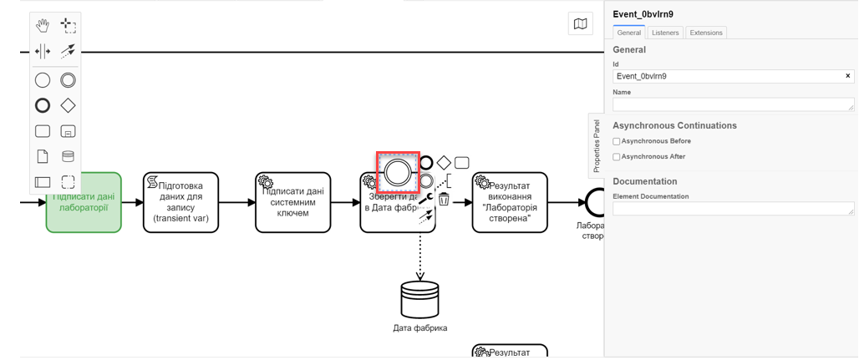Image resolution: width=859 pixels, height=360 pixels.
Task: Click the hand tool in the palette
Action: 43,26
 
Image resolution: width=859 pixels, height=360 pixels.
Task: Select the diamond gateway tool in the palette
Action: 68,106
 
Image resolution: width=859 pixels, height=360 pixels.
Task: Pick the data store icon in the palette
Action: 68,156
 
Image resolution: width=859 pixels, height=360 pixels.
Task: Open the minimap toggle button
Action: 580,24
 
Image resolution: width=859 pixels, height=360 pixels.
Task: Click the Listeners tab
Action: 665,33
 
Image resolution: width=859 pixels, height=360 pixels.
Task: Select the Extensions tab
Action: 706,33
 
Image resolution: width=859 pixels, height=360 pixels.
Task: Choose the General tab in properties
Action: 628,33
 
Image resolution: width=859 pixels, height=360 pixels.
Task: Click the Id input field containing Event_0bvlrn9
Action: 727,76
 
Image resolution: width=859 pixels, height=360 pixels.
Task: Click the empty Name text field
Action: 733,104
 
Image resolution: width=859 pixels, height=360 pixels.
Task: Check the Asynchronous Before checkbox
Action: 617,142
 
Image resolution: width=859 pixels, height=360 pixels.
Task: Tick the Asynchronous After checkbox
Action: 617,157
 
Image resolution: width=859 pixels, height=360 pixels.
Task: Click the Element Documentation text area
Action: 733,209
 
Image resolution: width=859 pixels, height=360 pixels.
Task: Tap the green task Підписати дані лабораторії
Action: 84,203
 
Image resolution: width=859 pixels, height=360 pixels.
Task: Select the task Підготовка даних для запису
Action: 180,203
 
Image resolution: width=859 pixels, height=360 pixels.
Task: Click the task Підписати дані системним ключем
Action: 292,203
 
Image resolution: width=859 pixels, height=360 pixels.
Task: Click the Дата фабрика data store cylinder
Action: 419,299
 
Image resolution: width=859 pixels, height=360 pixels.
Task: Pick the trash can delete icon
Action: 445,199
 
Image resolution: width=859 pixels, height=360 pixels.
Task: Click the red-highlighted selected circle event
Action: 398,173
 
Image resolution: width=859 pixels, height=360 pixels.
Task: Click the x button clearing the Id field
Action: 847,76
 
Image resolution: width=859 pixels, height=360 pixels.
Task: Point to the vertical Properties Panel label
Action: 596,145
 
